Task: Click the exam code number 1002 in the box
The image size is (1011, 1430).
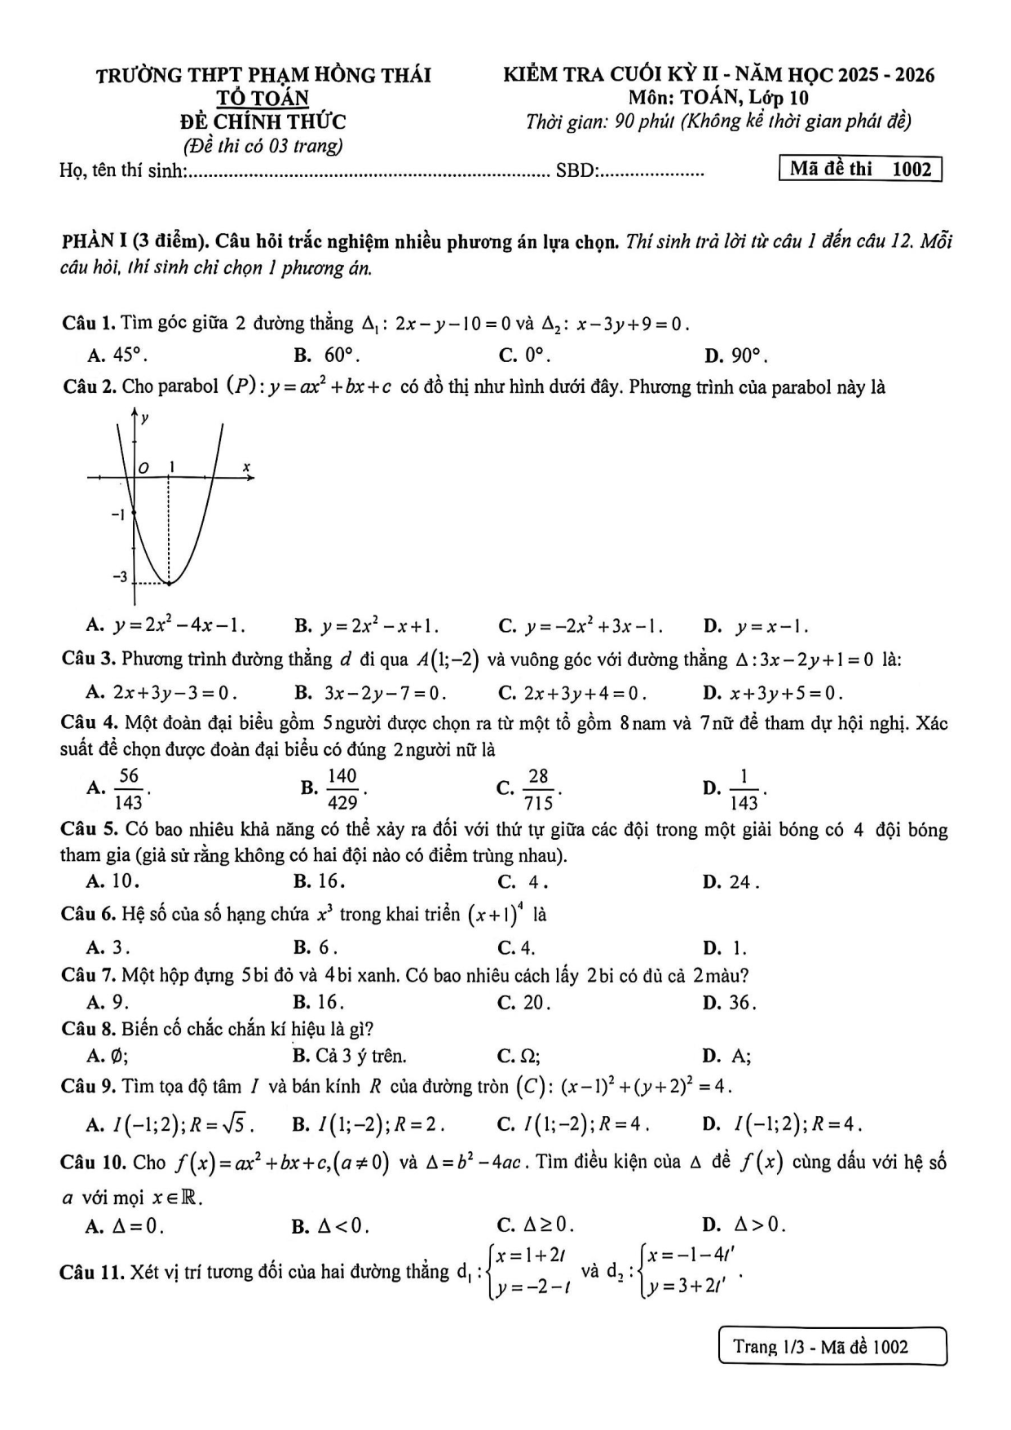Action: click(x=912, y=170)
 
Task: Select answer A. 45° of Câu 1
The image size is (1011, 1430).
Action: click(x=118, y=355)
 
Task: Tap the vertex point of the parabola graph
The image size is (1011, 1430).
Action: click(x=169, y=583)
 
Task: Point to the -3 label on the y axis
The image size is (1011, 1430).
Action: click(x=120, y=577)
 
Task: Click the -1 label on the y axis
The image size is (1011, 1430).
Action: click(x=118, y=514)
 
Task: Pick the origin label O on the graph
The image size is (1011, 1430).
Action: click(x=143, y=468)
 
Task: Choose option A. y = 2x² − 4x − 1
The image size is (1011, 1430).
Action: click(x=166, y=627)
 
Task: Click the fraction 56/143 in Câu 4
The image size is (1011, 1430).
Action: click(x=129, y=788)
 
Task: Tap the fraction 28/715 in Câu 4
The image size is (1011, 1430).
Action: click(x=538, y=788)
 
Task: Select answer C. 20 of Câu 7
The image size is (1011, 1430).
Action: click(x=524, y=1002)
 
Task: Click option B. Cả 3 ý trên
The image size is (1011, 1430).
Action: click(x=350, y=1057)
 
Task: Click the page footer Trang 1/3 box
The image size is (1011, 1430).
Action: click(x=832, y=1346)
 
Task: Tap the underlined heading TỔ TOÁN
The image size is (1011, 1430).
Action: click(x=263, y=99)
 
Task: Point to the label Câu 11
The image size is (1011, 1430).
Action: click(x=91, y=1272)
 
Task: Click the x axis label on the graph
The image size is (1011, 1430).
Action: click(x=245, y=468)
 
